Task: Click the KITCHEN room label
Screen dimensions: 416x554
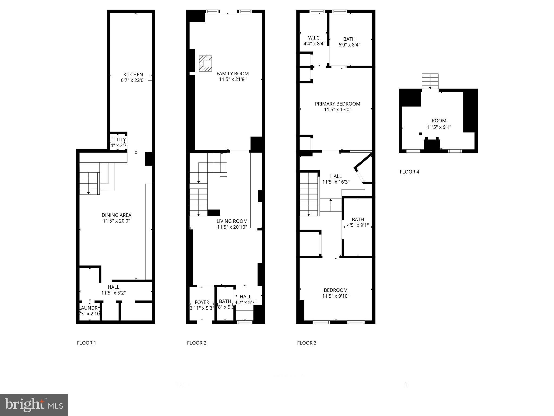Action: tap(133, 75)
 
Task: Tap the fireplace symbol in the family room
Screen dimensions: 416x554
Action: tap(206, 64)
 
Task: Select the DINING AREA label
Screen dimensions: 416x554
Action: tap(117, 215)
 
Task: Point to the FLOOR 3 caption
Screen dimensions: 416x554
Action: tap(306, 343)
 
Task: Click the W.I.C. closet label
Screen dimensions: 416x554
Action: tap(314, 38)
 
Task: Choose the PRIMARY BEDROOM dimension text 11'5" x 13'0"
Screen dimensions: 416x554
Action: tap(337, 110)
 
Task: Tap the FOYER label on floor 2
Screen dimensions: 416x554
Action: tap(202, 302)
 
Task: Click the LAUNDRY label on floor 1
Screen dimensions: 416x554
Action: tap(90, 308)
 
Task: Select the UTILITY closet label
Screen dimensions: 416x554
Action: tap(118, 140)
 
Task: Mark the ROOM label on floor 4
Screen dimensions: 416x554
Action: tap(439, 121)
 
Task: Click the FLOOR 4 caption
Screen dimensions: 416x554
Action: tap(409, 172)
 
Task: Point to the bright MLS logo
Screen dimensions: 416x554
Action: tap(34, 405)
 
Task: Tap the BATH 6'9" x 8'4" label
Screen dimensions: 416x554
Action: tap(349, 39)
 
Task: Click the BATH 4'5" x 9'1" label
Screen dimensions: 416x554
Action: tap(358, 220)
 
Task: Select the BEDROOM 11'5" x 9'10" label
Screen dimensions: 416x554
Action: tap(336, 290)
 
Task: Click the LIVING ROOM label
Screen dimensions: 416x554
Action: tap(232, 221)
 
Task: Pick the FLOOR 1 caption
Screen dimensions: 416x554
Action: tap(86, 343)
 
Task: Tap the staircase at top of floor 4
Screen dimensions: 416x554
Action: tap(430, 81)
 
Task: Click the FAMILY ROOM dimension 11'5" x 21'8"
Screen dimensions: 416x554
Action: tap(232, 80)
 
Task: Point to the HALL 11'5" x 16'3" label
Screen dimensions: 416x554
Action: tap(336, 176)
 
